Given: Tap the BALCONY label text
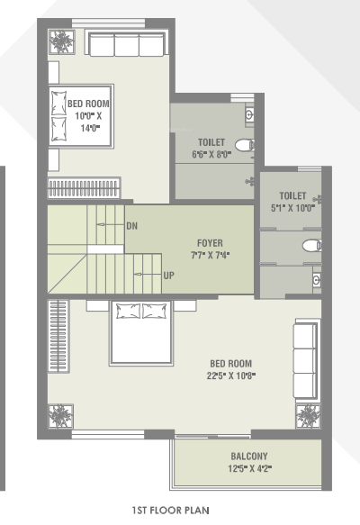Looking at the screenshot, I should pyautogui.click(x=249, y=456).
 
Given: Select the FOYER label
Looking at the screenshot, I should pyautogui.click(x=210, y=243).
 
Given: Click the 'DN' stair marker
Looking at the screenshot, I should pyautogui.click(x=132, y=224).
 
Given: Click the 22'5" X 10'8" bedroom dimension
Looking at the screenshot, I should pyautogui.click(x=230, y=376).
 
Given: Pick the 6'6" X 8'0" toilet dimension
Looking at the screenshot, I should pyautogui.click(x=213, y=154).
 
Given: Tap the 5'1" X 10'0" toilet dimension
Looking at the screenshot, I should pyautogui.click(x=293, y=207).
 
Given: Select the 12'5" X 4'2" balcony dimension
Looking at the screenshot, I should pyautogui.click(x=249, y=468).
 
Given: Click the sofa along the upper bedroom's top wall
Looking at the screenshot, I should pyautogui.click(x=128, y=45).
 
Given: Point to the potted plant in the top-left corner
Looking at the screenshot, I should pyautogui.click(x=63, y=43).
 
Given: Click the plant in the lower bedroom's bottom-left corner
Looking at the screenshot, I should pyautogui.click(x=60, y=417).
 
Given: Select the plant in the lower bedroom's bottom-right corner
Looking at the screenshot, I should pyautogui.click(x=309, y=414).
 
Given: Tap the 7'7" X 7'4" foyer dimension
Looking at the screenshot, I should pyautogui.click(x=210, y=255).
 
